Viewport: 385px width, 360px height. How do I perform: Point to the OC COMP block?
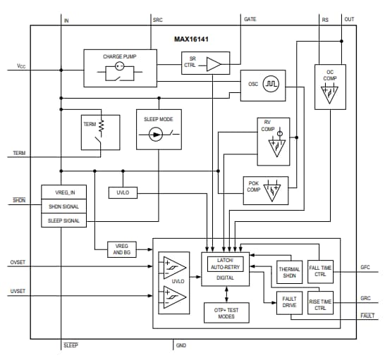click(x=329, y=86)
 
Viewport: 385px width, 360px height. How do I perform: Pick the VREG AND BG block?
click(x=121, y=247)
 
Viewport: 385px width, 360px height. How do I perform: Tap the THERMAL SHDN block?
click(x=289, y=273)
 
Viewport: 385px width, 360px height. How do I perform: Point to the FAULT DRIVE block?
click(x=289, y=303)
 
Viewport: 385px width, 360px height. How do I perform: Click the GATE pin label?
click(x=250, y=20)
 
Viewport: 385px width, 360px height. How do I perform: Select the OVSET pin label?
click(x=18, y=263)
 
